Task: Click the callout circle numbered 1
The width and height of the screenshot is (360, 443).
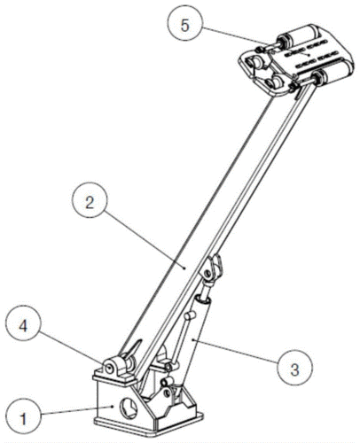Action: pyautogui.click(x=23, y=418)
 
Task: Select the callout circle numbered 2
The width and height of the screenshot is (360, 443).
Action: pyautogui.click(x=90, y=203)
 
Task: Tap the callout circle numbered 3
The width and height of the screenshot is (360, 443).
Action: pyautogui.click(x=294, y=369)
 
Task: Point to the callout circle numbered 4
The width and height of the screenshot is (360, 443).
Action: pyautogui.click(x=23, y=326)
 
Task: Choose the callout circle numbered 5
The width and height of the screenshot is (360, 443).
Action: pyautogui.click(x=184, y=25)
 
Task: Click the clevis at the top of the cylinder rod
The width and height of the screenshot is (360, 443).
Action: pyautogui.click(x=212, y=268)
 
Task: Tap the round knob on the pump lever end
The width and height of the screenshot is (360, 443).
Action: pyautogui.click(x=189, y=315)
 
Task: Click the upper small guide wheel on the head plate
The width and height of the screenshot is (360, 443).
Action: pyautogui.click(x=255, y=62)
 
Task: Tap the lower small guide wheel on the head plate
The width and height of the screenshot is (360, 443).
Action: pyautogui.click(x=273, y=82)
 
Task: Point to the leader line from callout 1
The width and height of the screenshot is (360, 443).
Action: pyautogui.click(x=77, y=411)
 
